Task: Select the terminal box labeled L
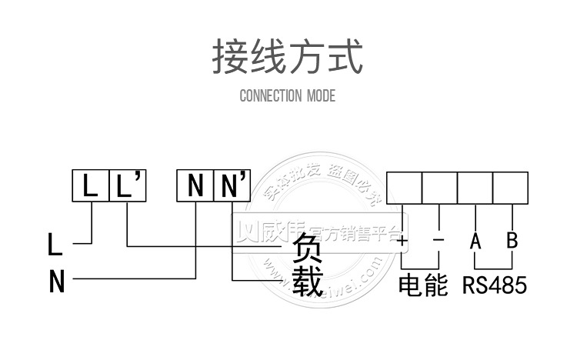click(x=92, y=185)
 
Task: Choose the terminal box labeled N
click(x=195, y=185)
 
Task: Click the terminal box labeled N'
click(x=232, y=185)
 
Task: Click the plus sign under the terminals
click(x=402, y=240)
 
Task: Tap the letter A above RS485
click(x=475, y=241)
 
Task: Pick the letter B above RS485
click(x=512, y=240)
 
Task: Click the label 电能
click(x=422, y=285)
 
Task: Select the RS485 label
click(x=495, y=285)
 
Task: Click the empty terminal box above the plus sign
click(x=404, y=187)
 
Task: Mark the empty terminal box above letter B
click(x=510, y=187)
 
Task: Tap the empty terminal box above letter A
click(x=475, y=187)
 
